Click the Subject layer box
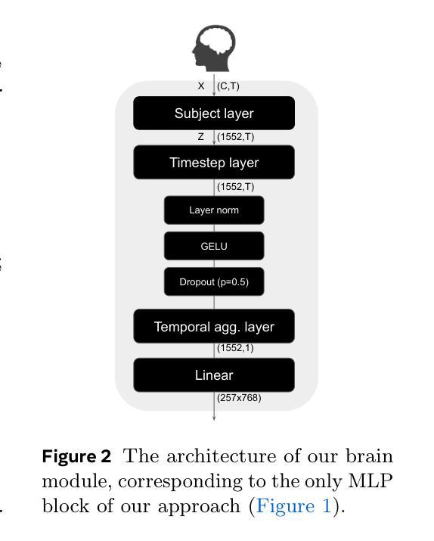(214, 113)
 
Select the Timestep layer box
(214, 162)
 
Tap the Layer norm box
(214, 210)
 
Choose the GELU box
(214, 246)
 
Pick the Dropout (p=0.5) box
(214, 282)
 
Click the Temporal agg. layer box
(214, 326)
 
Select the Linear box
(214, 375)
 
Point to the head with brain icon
(214, 48)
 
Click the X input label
(201, 86)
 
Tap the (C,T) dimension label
(228, 86)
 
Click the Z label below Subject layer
(201, 137)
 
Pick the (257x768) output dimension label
(239, 398)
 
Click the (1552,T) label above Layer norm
(235, 187)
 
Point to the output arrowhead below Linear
(214, 418)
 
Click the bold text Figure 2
(76, 456)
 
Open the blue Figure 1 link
(293, 506)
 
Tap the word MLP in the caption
(370, 480)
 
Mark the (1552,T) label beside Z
(235, 137)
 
